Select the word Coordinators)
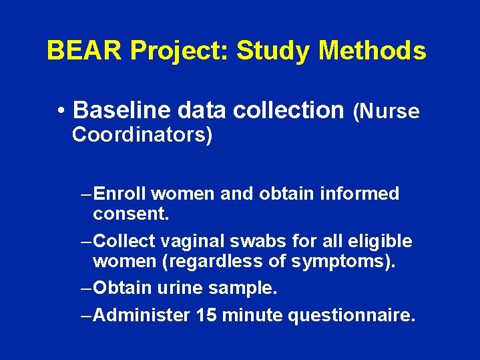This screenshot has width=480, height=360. pos(142,135)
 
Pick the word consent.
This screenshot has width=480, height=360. pos(132,214)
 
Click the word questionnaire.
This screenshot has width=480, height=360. pos(351,315)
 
